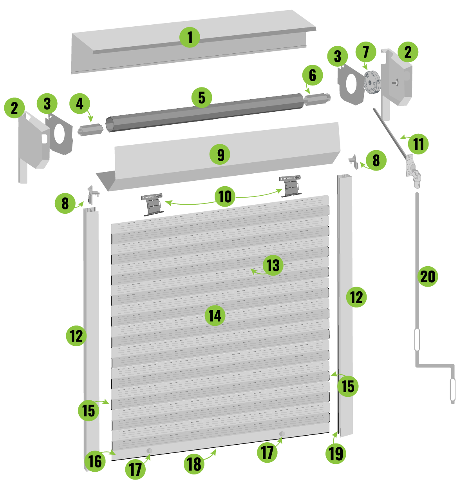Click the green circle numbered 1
pos(190,37)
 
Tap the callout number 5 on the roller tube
pos(201,97)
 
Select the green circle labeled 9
pos(220,154)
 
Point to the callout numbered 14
pos(215,315)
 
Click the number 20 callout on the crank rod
pos(427,276)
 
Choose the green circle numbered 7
pos(365,52)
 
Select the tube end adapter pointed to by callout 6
pos(317,99)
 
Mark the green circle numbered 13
pos(273,265)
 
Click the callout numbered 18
pos(194,464)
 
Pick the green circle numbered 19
pos(336,453)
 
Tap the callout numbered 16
pos(95,461)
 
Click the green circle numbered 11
pos(418,144)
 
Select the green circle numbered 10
pos(225,196)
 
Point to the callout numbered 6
pos(312,75)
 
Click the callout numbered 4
pos(80,104)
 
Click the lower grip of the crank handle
pos(452,390)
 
